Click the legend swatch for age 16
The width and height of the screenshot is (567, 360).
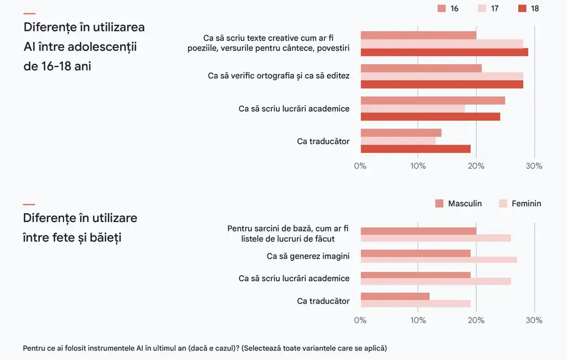click(441, 8)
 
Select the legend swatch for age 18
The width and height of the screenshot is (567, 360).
click(522, 8)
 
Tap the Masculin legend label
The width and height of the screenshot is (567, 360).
click(465, 204)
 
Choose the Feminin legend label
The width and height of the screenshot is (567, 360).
click(526, 204)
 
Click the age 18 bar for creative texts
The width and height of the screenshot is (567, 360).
click(445, 52)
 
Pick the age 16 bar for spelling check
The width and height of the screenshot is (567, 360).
click(421, 68)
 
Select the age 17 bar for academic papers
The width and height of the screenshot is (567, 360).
click(413, 109)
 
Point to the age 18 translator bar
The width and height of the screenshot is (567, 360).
click(416, 148)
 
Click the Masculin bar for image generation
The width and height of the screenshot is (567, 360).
click(416, 253)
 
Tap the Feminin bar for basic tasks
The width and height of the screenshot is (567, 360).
click(436, 238)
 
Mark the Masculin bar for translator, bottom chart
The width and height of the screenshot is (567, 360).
click(395, 296)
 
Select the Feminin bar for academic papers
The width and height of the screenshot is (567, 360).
click(436, 281)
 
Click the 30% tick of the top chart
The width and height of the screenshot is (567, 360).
click(534, 166)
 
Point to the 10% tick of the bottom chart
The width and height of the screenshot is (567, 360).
click(418, 320)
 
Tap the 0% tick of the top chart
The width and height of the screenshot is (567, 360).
click(360, 166)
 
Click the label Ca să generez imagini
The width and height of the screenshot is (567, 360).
click(308, 256)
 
